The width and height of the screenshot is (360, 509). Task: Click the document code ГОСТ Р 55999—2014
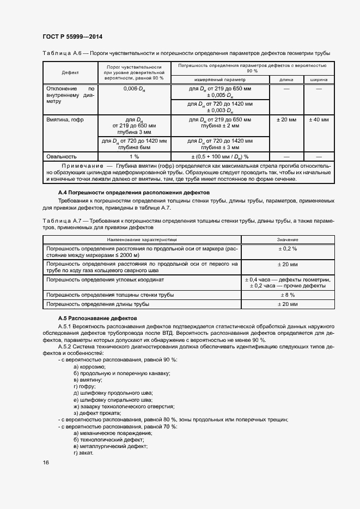(72, 36)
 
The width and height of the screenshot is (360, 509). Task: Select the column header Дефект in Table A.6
(70, 72)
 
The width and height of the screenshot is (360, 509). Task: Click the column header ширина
(319, 79)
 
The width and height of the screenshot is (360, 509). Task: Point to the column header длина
(286, 79)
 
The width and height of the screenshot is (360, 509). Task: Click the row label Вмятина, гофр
(65, 119)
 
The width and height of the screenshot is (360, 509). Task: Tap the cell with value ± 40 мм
(319, 119)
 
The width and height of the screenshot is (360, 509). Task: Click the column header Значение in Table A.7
(286, 239)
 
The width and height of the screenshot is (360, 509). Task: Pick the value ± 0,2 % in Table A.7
(286, 248)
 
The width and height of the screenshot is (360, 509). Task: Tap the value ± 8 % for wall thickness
(286, 295)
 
